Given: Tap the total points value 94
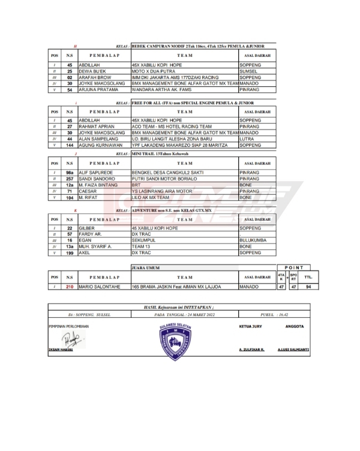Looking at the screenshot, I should tap(308, 287).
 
